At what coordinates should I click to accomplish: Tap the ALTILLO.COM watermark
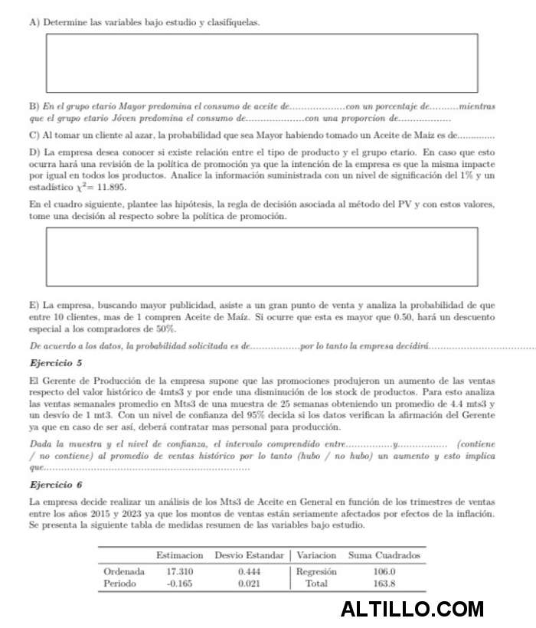coord(412,610)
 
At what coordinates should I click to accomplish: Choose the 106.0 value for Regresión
coord(384,571)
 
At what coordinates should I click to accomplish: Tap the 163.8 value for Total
coord(384,584)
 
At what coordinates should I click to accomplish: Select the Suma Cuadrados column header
coord(384,554)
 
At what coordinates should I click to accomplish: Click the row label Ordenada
coord(124,571)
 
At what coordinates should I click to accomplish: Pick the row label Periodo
coord(119,584)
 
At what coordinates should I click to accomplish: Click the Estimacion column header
coord(179,554)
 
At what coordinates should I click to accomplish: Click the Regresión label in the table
coord(316,571)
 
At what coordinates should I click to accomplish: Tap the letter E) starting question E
coord(34,305)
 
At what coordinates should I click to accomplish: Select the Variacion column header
coord(316,554)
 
